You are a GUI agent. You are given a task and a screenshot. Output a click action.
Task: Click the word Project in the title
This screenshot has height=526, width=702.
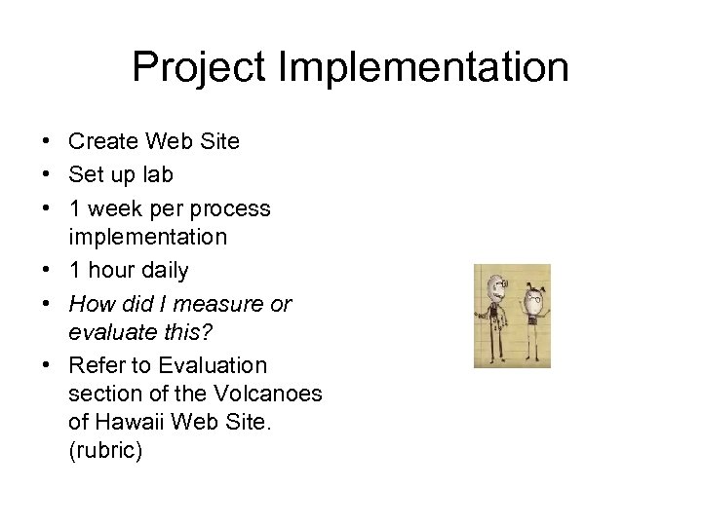[x=198, y=68]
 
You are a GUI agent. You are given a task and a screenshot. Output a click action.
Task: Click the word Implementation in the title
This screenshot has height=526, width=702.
[x=423, y=68]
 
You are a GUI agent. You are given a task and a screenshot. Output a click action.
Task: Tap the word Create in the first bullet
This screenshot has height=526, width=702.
[x=104, y=141]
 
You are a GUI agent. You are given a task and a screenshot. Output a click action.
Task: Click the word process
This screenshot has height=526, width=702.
[x=231, y=208]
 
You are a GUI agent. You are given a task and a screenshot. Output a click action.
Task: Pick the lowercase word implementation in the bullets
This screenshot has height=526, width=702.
[x=147, y=237]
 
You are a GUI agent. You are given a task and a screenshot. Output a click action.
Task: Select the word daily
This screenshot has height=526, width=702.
[x=165, y=270]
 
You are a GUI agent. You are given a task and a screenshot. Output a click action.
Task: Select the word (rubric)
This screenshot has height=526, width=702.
[x=105, y=451]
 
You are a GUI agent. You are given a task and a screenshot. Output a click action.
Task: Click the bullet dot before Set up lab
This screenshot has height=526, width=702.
[x=47, y=175]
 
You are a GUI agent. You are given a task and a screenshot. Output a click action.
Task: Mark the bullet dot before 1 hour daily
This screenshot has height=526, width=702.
[x=47, y=270]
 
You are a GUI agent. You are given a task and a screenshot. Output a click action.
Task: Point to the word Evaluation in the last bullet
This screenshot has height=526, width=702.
[x=212, y=365]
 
